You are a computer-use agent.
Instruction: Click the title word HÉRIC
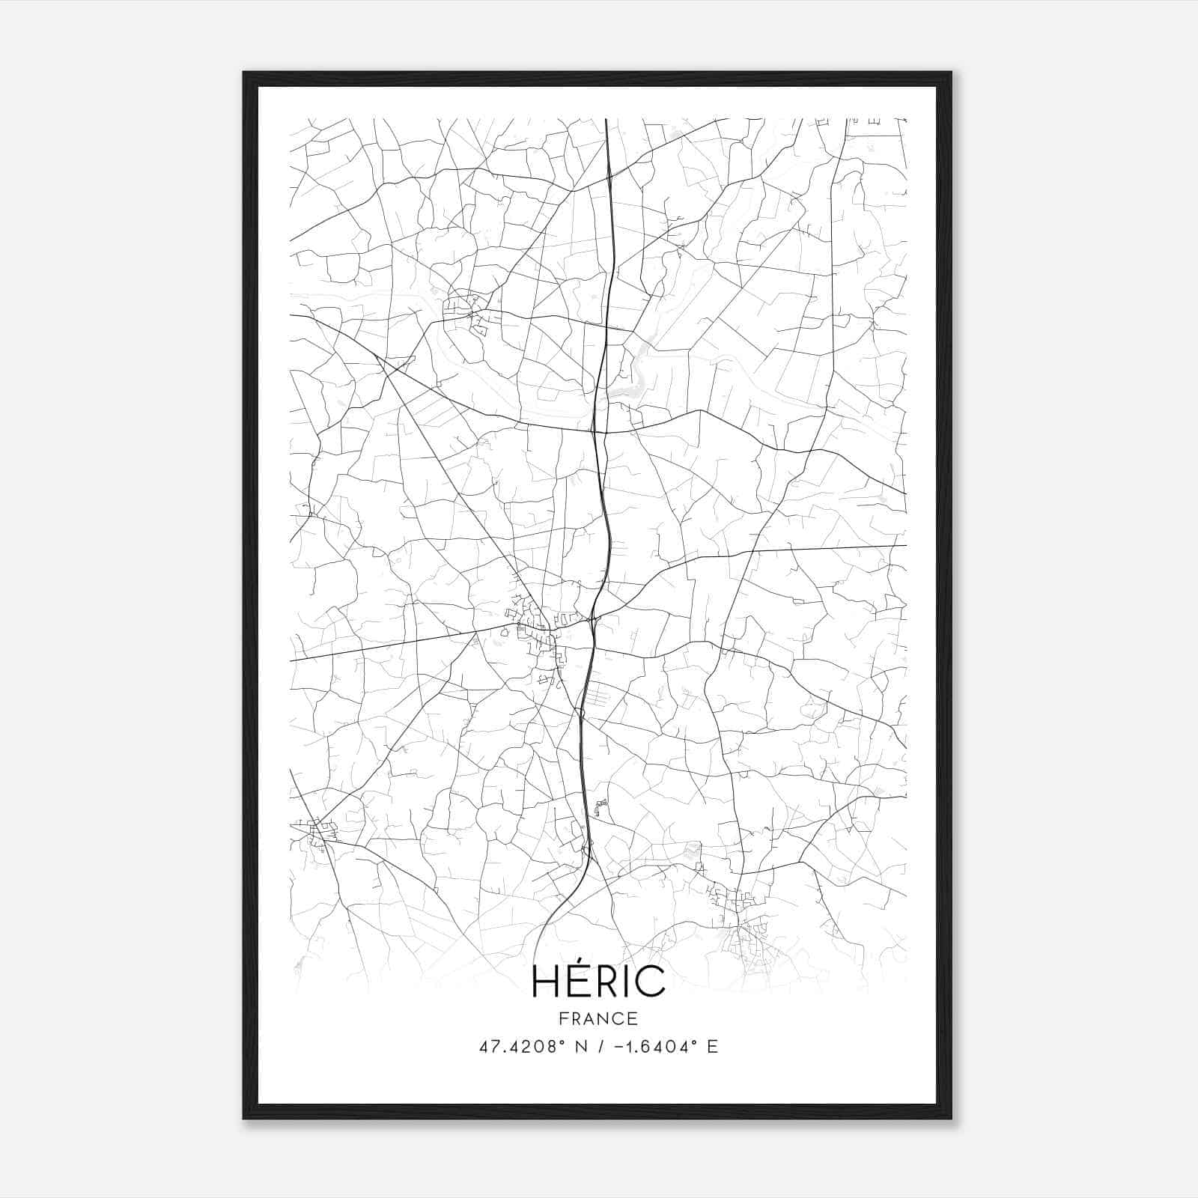coord(598,981)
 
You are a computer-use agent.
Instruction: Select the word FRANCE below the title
coord(598,1018)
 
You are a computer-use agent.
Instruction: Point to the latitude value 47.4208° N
coord(531,1047)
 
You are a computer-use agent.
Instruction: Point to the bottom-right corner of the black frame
coord(951,1118)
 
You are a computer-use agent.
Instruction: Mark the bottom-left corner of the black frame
coord(244,1118)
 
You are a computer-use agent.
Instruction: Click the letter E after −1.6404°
coord(713,1047)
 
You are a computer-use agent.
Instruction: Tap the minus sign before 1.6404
coord(619,1047)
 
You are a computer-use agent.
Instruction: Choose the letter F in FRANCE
coord(563,1018)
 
